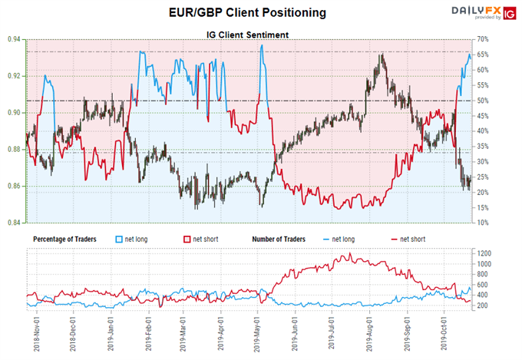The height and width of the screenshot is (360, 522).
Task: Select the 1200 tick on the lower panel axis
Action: (504, 253)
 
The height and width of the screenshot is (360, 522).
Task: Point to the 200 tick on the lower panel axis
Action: (503, 306)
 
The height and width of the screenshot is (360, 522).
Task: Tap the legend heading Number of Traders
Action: (279, 239)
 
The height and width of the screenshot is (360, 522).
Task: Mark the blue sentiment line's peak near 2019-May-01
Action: (262, 45)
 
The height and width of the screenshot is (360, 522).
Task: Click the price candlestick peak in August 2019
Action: (381, 54)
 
